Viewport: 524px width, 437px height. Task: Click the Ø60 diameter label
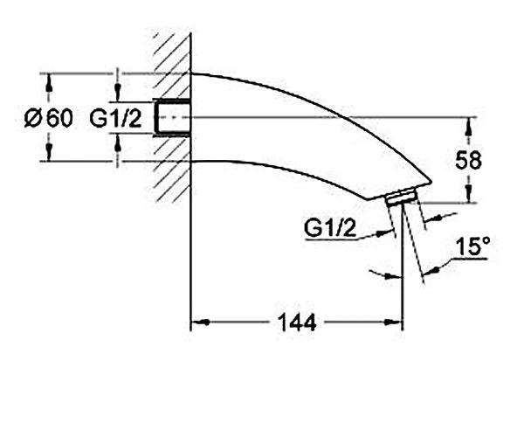[48, 118]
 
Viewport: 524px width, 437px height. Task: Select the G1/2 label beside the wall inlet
[115, 118]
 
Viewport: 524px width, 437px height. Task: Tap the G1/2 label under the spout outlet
[330, 229]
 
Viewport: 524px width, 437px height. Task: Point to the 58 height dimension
[468, 161]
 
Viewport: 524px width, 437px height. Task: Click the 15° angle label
[472, 247]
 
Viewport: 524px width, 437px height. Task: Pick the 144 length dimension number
[297, 323]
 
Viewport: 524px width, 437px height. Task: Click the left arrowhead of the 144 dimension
[201, 323]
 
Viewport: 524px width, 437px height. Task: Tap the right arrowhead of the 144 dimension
[394, 323]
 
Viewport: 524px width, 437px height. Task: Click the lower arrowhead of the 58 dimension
[468, 193]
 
